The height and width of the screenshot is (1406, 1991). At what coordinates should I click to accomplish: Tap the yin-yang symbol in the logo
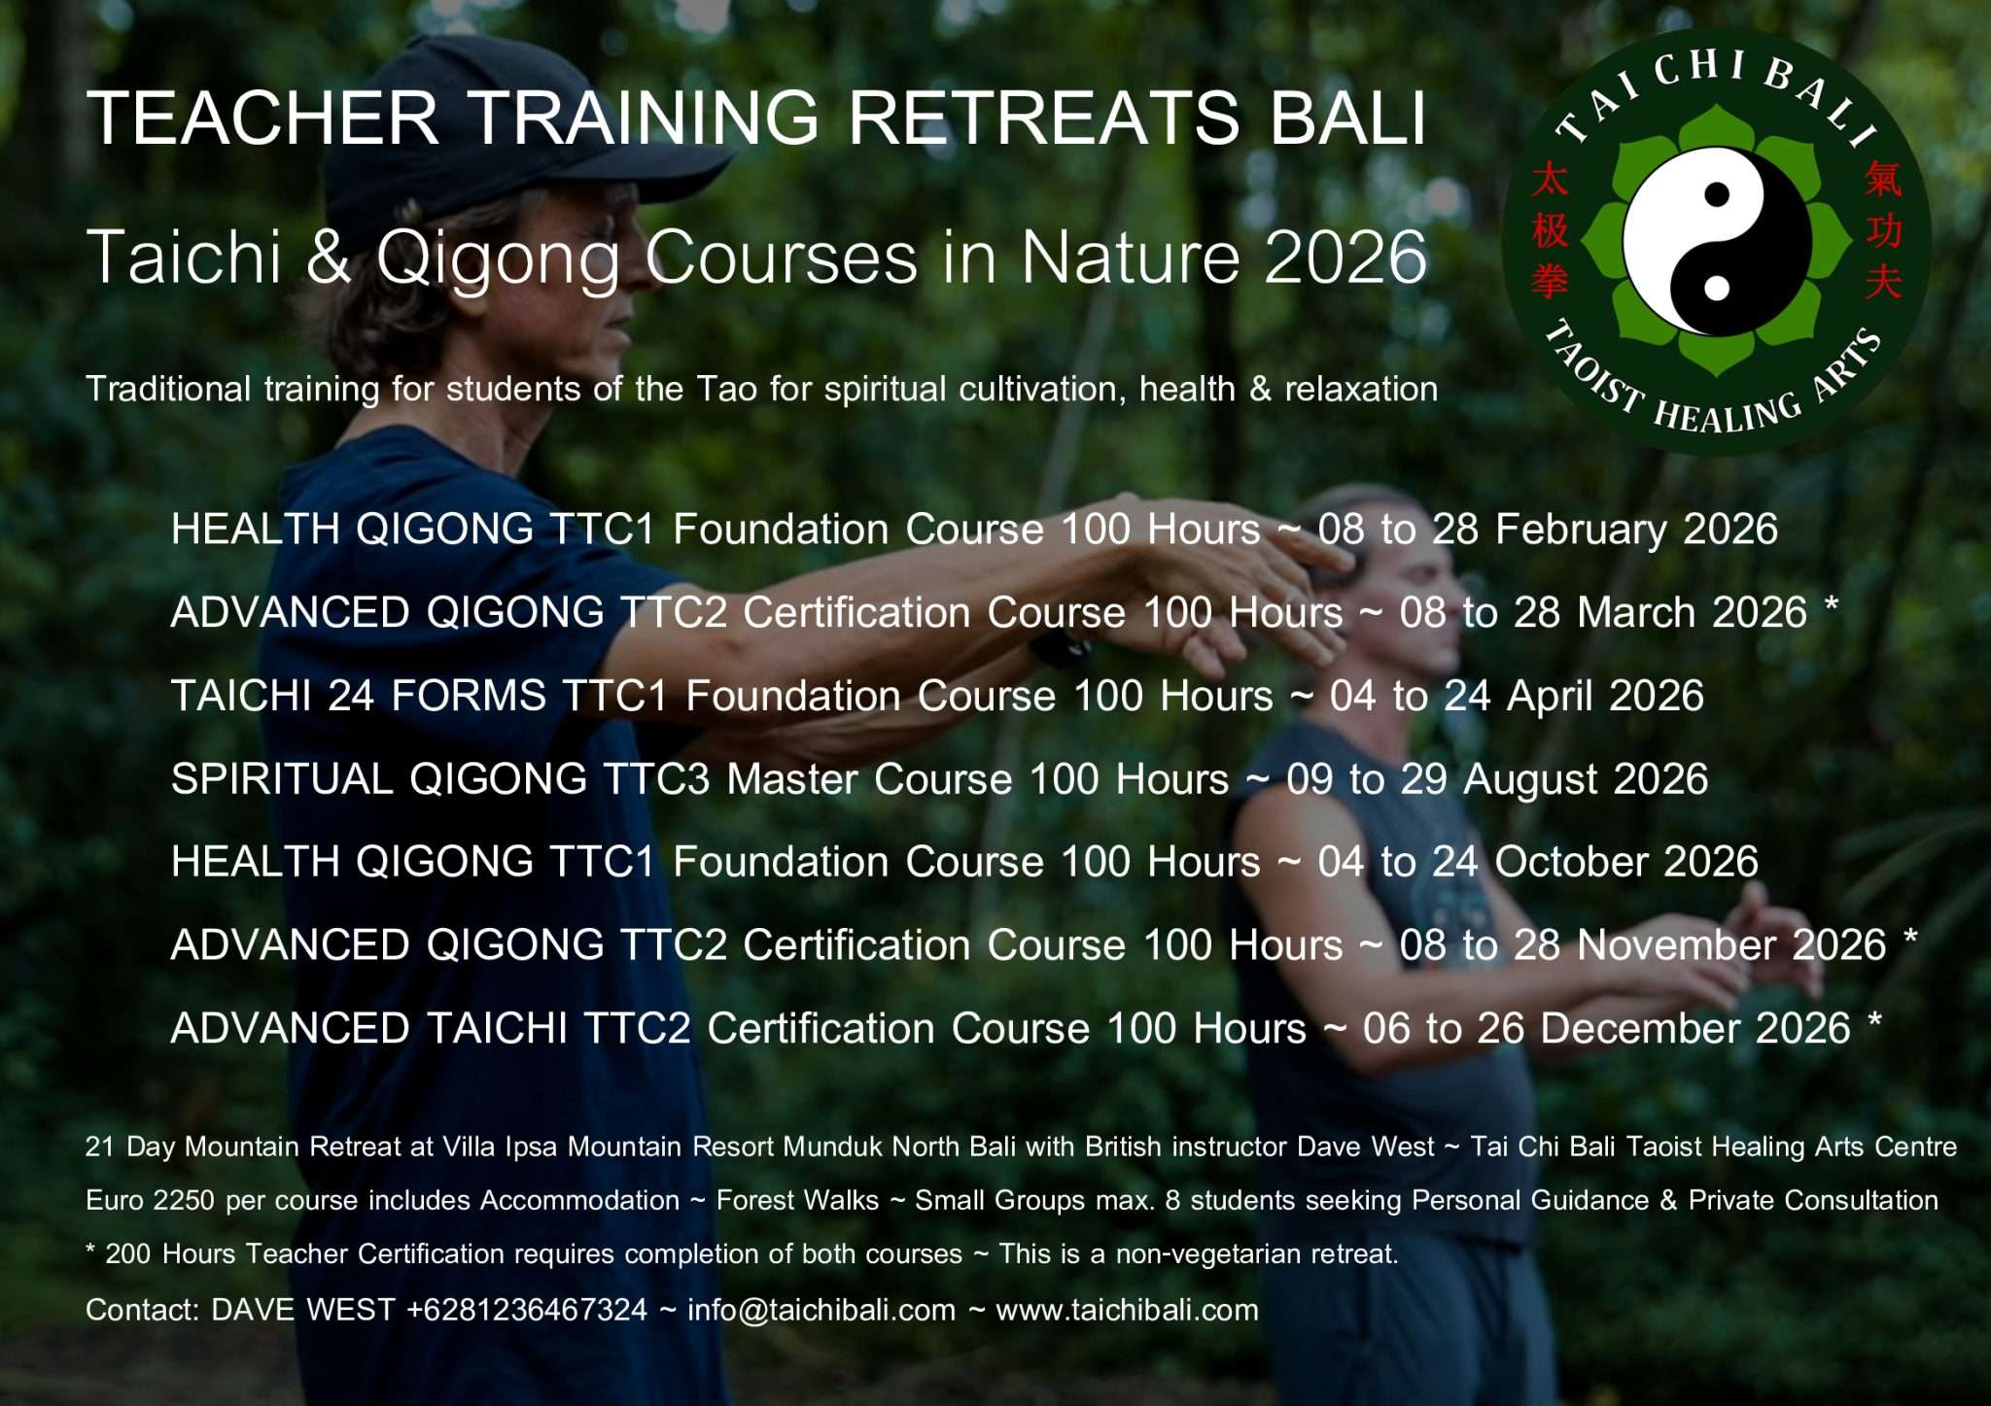[x=1717, y=241]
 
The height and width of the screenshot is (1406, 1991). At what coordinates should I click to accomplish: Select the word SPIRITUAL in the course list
[x=282, y=779]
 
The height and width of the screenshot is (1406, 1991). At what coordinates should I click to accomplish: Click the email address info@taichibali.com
[x=821, y=1310]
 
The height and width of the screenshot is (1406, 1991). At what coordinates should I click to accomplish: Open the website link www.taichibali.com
[x=1128, y=1310]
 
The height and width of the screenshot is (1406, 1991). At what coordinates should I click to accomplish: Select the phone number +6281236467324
[x=526, y=1310]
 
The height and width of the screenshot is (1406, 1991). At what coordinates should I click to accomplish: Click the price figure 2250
[x=184, y=1201]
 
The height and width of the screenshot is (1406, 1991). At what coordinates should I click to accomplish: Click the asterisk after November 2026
[x=1910, y=937]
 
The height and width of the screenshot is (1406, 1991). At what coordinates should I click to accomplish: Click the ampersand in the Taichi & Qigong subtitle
[x=329, y=257]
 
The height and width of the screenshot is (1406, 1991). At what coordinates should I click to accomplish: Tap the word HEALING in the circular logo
[x=1728, y=413]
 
